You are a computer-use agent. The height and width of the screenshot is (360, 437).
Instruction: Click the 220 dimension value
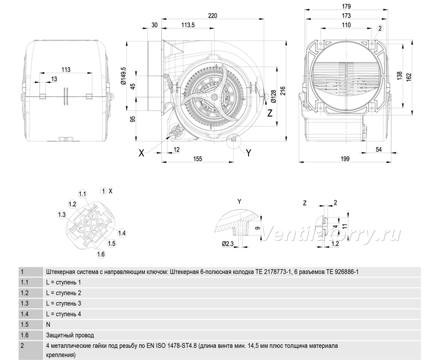tap(212, 16)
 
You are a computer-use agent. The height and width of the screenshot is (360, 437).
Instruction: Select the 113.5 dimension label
tap(188, 25)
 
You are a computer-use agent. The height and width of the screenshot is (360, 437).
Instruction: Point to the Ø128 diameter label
tap(274, 96)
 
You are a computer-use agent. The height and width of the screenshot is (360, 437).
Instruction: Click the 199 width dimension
tap(345, 159)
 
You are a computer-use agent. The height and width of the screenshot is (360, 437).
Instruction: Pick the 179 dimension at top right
tap(346, 6)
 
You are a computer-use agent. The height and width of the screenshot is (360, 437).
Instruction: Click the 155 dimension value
tap(197, 159)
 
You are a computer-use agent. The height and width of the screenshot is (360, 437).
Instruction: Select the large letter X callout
tap(141, 153)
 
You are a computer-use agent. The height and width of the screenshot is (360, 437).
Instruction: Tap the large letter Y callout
tap(249, 153)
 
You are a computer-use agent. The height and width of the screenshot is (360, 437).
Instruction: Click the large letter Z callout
tap(269, 114)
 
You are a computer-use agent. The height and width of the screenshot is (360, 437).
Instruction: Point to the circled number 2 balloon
tap(380, 28)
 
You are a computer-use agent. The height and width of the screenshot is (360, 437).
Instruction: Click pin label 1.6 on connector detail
tap(101, 254)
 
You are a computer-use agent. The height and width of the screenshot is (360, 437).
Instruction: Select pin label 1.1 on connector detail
tap(82, 194)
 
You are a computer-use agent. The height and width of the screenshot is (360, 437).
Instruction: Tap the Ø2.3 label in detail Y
tap(227, 244)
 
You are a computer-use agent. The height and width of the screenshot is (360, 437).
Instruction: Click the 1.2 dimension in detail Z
tap(335, 244)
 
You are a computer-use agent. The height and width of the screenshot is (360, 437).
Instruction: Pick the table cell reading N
tap(48, 324)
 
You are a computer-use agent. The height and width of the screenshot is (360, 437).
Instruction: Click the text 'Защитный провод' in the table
tap(70, 335)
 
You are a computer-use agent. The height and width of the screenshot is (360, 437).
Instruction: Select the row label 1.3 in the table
tap(25, 303)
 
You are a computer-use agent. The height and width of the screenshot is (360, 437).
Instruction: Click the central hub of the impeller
tap(214, 97)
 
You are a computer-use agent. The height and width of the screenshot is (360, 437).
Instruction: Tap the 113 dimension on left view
tap(66, 69)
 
